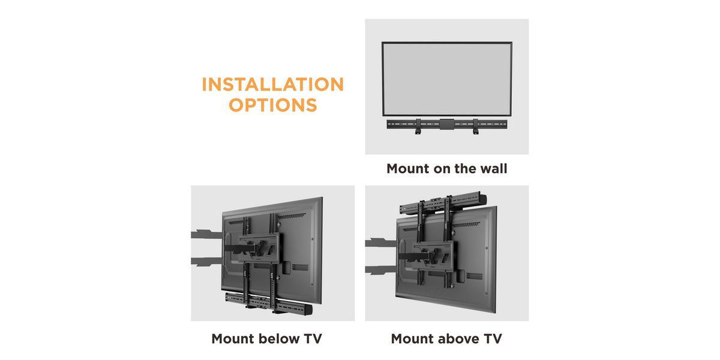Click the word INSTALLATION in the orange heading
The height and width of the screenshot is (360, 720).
pyautogui.click(x=273, y=84)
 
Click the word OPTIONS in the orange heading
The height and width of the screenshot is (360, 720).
pyautogui.click(x=273, y=105)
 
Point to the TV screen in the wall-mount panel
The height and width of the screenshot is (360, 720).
pyautogui.click(x=447, y=79)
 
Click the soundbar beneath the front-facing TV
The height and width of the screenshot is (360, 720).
pyautogui.click(x=447, y=124)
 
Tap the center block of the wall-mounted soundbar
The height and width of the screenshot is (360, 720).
pyautogui.click(x=447, y=124)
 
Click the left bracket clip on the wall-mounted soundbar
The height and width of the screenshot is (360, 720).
pyautogui.click(x=418, y=126)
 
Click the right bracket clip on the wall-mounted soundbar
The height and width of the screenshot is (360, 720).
pyautogui.click(x=475, y=126)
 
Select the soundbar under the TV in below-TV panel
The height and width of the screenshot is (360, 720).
pyautogui.click(x=269, y=304)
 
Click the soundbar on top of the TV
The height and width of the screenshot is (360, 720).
pyautogui.click(x=443, y=204)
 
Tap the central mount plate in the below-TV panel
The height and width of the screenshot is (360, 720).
pyautogui.click(x=259, y=248)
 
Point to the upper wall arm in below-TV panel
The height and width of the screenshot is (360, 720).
pyautogui.click(x=206, y=235)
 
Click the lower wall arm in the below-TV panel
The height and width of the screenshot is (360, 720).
pyautogui.click(x=206, y=262)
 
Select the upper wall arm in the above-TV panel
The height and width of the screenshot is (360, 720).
pyautogui.click(x=381, y=242)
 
